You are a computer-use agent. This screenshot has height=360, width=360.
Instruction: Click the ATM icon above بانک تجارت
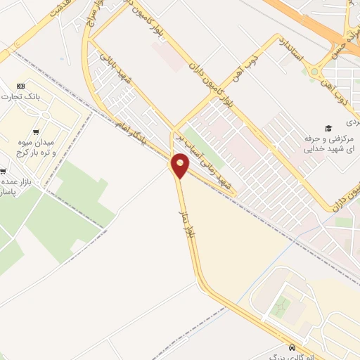pos(20,86)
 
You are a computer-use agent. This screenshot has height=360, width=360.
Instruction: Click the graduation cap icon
pos(328,127)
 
